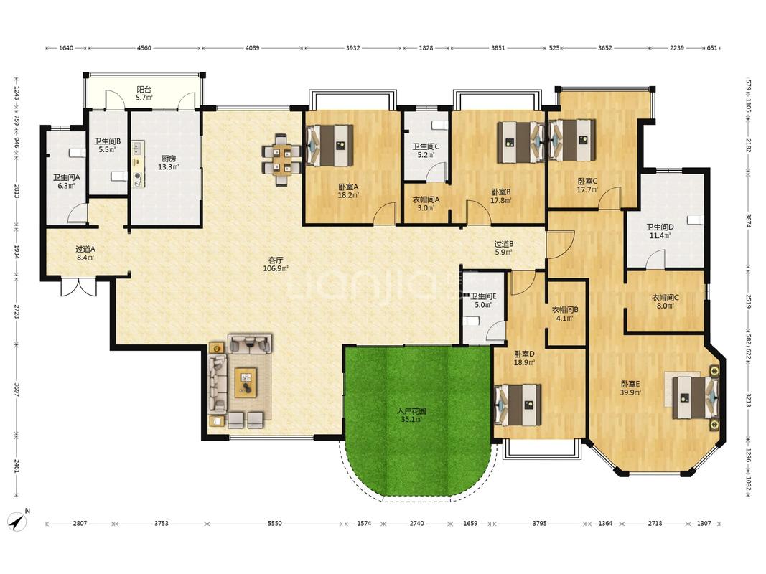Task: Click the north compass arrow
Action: [x=19, y=522]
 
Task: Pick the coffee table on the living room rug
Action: [x=246, y=383]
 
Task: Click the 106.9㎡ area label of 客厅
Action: [x=276, y=268]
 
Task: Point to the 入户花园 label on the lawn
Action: [x=411, y=411]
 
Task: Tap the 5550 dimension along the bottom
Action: [x=274, y=523]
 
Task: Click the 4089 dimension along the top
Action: [x=252, y=48]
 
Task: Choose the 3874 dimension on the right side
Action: [x=749, y=220]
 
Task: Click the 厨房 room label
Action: [x=169, y=159]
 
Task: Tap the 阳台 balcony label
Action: [x=144, y=89]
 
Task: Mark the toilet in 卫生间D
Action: [x=696, y=220]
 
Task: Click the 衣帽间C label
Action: [x=665, y=297]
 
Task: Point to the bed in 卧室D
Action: [x=518, y=405]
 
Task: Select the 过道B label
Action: [x=504, y=244]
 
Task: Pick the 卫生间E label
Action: [x=483, y=296]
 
